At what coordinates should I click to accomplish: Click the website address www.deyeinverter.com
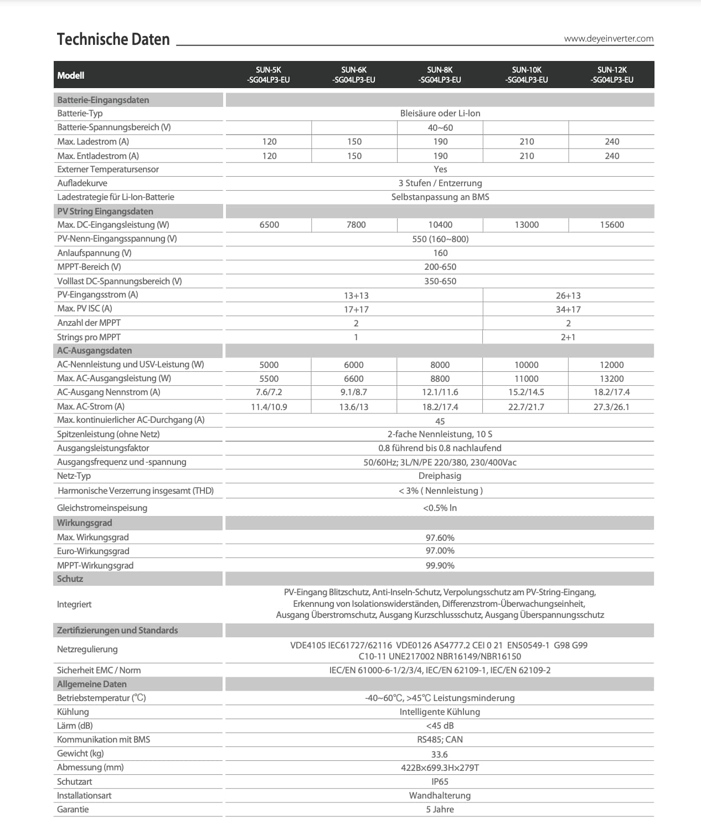(x=609, y=39)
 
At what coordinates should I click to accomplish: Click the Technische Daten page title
(x=113, y=39)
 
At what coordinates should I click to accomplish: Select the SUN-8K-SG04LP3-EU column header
(x=440, y=75)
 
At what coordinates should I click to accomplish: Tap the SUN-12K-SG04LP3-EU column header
(x=612, y=75)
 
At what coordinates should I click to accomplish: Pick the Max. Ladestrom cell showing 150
(x=354, y=142)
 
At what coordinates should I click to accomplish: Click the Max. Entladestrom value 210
(x=527, y=156)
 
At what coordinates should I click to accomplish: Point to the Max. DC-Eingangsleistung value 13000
(x=527, y=225)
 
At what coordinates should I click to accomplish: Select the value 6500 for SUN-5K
(x=269, y=225)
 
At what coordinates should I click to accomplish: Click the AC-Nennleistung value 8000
(x=440, y=365)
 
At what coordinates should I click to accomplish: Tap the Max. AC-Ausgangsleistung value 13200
(x=612, y=379)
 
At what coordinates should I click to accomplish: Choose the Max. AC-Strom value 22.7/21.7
(x=526, y=407)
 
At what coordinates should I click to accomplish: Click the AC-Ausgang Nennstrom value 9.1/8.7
(x=354, y=392)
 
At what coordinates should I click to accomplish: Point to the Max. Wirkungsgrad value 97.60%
(x=440, y=538)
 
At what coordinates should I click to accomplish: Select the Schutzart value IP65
(x=440, y=782)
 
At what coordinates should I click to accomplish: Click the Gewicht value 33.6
(x=440, y=754)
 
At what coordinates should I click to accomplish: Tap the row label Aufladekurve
(x=82, y=183)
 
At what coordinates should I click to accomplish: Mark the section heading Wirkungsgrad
(x=84, y=523)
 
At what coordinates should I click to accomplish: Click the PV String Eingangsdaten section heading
(x=105, y=212)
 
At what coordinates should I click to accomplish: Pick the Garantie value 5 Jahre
(x=440, y=810)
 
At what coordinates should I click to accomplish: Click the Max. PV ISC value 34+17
(x=568, y=309)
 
